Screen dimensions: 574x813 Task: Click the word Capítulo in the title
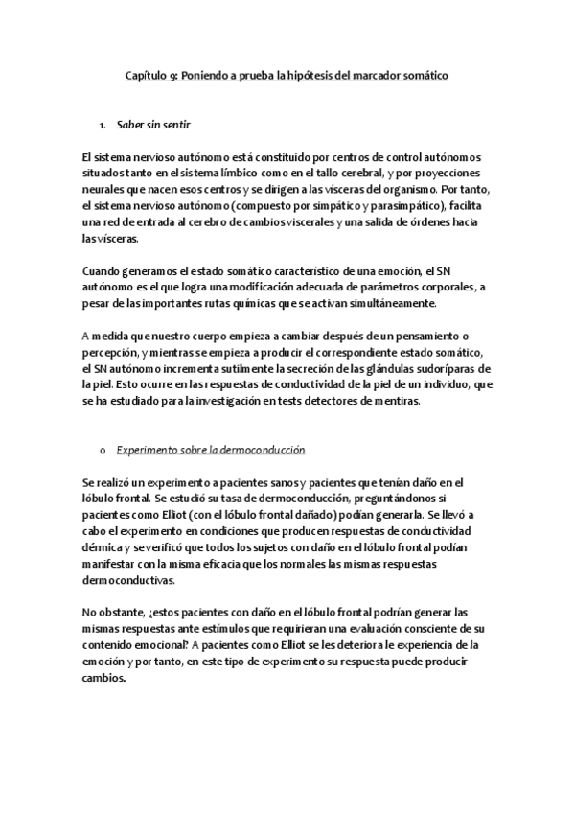tap(148, 75)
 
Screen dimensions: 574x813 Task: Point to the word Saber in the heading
tap(130, 125)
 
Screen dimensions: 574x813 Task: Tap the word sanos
tap(278, 481)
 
